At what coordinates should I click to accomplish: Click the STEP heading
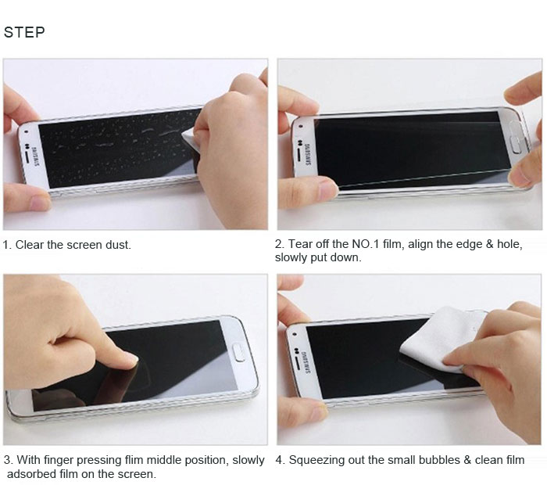tap(24, 32)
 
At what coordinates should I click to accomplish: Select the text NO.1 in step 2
tap(366, 244)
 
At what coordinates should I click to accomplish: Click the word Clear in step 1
tap(30, 245)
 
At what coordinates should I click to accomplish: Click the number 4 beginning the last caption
tap(279, 460)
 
